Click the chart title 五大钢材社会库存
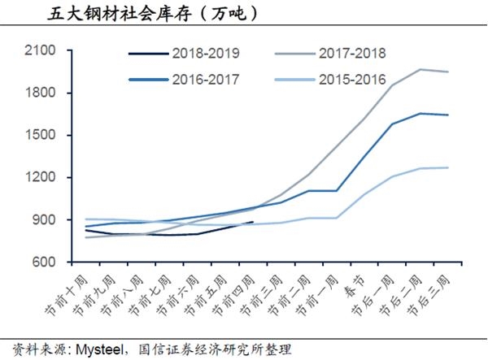tap(119, 14)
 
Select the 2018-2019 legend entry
tap(184, 54)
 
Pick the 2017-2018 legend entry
tap(330, 54)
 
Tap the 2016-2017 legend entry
tap(184, 80)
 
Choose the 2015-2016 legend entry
tap(330, 80)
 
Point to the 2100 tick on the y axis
tap(40, 50)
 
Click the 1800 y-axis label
tap(40, 93)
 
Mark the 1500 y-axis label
tap(40, 135)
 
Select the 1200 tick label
tap(40, 177)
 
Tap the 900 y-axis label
tap(44, 219)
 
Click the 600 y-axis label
tap(44, 262)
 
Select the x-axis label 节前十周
tap(66, 295)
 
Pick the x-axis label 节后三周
tap(429, 295)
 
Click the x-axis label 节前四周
tap(233, 295)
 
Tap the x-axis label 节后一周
tap(373, 295)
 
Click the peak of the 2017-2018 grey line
tap(420, 69)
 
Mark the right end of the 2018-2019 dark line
tap(253, 222)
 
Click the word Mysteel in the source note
tap(100, 350)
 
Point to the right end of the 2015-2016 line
tap(448, 167)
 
